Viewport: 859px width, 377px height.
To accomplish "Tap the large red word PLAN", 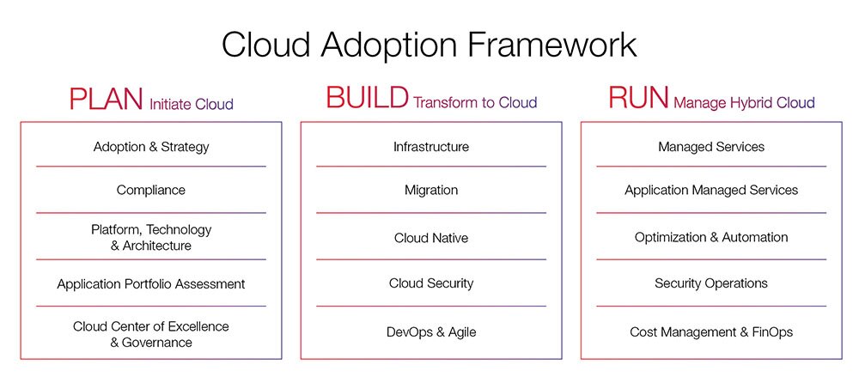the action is (107, 99).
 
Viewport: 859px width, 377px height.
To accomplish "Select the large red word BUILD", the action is (367, 98).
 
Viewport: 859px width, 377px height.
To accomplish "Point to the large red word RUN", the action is (638, 98).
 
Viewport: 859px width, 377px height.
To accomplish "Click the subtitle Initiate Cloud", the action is (192, 104).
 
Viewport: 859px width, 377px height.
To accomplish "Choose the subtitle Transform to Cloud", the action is (475, 102).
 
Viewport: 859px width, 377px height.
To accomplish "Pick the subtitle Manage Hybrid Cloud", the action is (744, 103).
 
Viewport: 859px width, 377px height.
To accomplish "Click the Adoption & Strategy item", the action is (151, 147).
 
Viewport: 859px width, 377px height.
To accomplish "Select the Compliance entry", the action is (150, 191).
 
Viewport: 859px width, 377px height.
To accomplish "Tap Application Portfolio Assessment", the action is (150, 284).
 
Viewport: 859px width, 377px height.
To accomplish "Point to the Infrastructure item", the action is (431, 147).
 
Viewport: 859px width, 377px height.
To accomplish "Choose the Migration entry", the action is (431, 191).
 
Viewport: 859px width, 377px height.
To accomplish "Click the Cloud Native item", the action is (431, 239).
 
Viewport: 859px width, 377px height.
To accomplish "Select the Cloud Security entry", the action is (431, 283).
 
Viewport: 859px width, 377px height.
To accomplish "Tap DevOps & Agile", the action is (431, 332).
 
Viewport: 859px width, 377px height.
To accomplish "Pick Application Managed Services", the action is (711, 190).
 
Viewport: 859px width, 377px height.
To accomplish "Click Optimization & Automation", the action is (711, 237).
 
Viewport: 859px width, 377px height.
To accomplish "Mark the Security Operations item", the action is (711, 283).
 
